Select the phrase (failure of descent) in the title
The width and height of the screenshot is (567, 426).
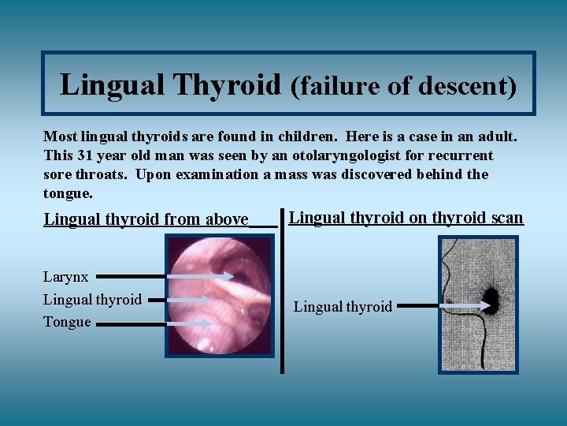[403, 86]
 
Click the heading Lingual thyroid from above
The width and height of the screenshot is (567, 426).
[146, 219]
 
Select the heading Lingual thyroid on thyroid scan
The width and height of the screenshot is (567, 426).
[406, 217]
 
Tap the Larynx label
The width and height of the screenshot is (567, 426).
[65, 277]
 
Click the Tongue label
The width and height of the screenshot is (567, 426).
[67, 322]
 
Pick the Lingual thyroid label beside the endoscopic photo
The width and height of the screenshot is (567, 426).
[92, 300]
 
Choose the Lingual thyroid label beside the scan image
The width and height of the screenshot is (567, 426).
[343, 307]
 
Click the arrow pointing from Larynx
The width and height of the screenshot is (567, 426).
[165, 277]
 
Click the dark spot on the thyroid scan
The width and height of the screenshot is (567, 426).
[490, 300]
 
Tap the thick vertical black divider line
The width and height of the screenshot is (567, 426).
[282, 292]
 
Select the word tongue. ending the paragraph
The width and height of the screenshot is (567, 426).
[68, 193]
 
